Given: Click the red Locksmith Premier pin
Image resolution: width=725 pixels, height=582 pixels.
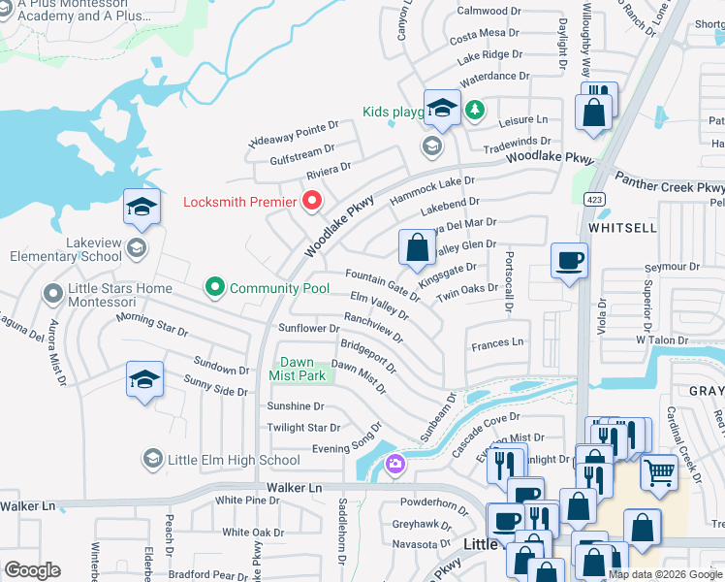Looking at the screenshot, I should point(312,202).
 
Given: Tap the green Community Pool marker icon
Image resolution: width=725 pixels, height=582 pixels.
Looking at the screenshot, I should point(214,287).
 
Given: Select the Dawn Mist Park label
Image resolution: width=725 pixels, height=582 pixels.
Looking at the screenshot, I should point(297,368).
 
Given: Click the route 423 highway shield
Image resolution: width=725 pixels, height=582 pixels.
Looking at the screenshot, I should point(589,199).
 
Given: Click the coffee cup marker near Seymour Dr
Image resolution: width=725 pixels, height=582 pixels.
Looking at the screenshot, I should point(569,260).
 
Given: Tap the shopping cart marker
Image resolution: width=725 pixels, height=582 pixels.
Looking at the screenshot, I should point(659,472).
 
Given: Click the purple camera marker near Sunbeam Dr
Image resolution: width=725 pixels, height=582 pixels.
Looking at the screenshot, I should point(394,465).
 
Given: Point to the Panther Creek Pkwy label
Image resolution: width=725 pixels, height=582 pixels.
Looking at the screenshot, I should point(670,187).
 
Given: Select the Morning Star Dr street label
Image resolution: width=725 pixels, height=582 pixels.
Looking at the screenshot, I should point(152,324).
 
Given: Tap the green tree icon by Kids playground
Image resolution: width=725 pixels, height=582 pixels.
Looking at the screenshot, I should point(475,109).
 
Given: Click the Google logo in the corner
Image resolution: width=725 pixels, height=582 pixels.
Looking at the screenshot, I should point(32,570).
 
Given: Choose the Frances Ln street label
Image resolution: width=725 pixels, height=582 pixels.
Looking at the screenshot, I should point(497,343).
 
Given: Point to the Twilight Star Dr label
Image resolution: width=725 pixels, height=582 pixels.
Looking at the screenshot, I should point(303,428).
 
